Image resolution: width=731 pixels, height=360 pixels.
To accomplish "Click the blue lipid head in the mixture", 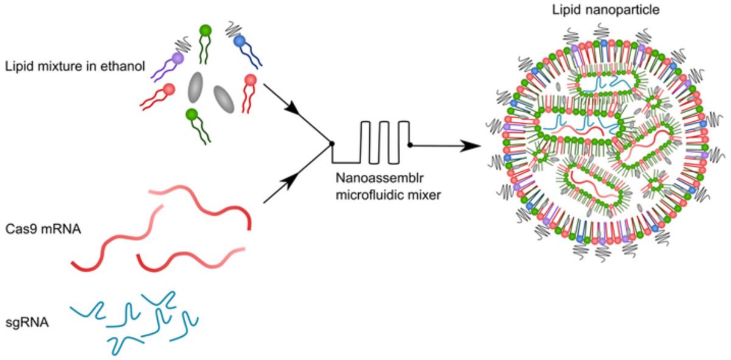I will click(240, 41).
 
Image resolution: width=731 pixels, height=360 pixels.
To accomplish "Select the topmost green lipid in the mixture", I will click(205, 29).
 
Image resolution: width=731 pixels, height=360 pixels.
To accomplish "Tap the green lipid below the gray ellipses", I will click(192, 114).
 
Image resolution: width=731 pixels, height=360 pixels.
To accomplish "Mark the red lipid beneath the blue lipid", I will click(249, 80).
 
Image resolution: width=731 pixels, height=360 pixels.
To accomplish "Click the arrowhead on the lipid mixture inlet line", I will click(294, 112).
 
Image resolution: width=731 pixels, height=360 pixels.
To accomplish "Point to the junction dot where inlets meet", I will click(332, 144).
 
